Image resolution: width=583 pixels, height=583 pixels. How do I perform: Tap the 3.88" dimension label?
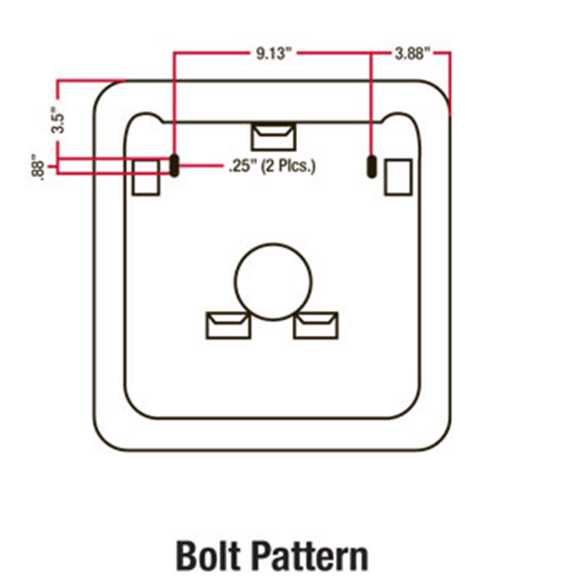click(x=412, y=55)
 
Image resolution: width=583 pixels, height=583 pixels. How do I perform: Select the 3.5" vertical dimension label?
click(x=57, y=120)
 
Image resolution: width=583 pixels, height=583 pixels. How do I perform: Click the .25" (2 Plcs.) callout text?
click(x=272, y=167)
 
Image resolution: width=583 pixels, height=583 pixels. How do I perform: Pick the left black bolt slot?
click(x=174, y=166)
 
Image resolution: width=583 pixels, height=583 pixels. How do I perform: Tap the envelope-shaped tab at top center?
click(x=273, y=136)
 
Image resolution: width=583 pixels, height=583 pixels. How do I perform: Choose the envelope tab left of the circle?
click(x=229, y=325)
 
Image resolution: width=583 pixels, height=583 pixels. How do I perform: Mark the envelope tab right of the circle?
click(x=315, y=325)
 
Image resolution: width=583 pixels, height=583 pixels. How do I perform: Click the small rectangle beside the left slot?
click(x=146, y=177)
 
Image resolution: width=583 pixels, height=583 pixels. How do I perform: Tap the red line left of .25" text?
click(x=201, y=167)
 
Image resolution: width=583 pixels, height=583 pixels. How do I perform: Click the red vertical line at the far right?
click(x=450, y=82)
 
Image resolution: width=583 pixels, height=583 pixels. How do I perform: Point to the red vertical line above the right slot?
click(x=371, y=105)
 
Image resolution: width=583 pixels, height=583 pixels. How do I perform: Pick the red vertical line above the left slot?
click(x=174, y=105)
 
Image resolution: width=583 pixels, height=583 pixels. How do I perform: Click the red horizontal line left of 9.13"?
click(x=210, y=54)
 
